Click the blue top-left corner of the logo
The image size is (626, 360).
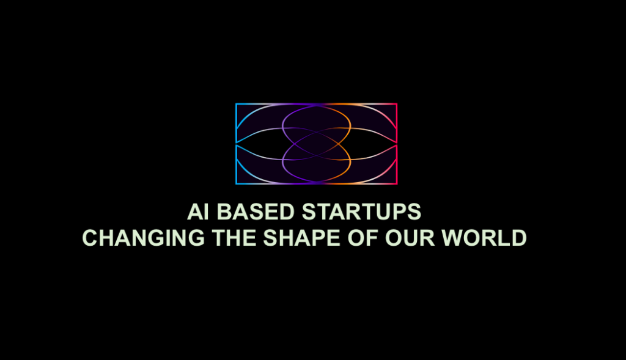click(237, 105)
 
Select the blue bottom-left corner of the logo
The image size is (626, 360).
click(237, 182)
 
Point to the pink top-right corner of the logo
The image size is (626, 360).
click(396, 105)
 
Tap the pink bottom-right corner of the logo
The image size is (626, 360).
click(396, 182)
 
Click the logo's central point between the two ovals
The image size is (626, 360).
click(316, 144)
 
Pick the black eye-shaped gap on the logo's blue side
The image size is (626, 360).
click(257, 144)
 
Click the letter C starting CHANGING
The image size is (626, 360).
click(90, 238)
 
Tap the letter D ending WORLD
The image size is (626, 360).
click(518, 238)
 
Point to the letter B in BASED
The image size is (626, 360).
click(225, 212)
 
